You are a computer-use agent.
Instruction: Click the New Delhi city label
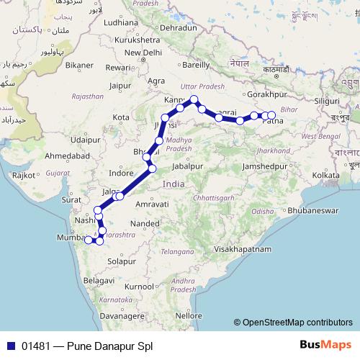pos(142,53)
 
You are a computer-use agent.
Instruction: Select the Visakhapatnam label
pos(240,248)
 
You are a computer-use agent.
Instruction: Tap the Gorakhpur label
pos(266,94)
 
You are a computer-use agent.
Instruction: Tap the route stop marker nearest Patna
pos(271,115)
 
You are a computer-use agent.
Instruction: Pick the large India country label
pos(174,184)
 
